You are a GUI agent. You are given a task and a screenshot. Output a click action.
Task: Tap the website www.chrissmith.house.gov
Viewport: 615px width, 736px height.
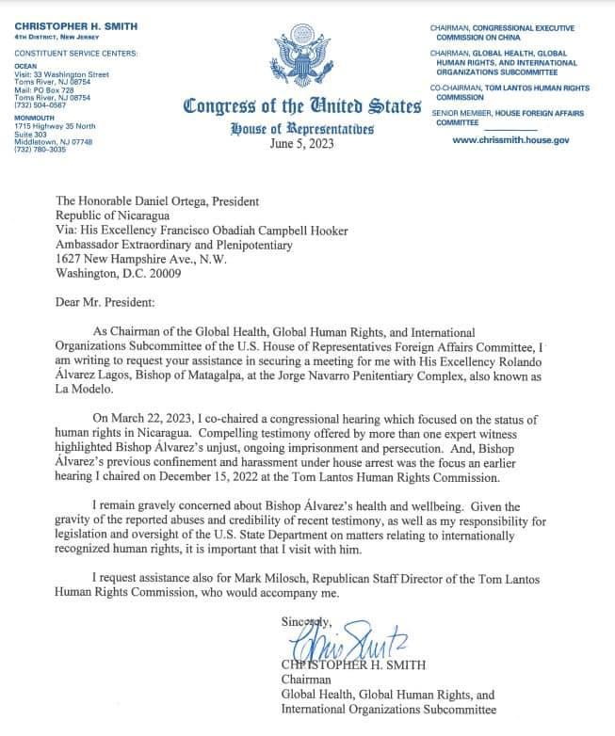(510, 139)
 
